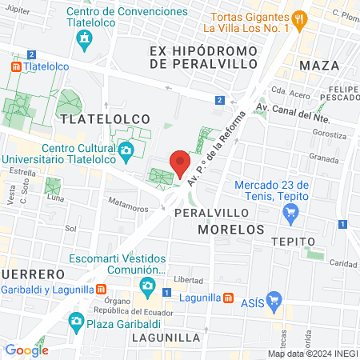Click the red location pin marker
click(x=180, y=163)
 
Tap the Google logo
click(x=27, y=350)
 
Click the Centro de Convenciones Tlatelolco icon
click(x=83, y=39)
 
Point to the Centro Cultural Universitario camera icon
click(x=126, y=150)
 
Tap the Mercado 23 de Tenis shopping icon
click(x=291, y=213)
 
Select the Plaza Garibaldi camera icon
click(x=76, y=322)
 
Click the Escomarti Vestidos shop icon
click(x=146, y=285)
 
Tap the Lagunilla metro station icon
click(x=229, y=298)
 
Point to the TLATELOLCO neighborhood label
click(x=104, y=118)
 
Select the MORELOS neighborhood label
click(x=231, y=230)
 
